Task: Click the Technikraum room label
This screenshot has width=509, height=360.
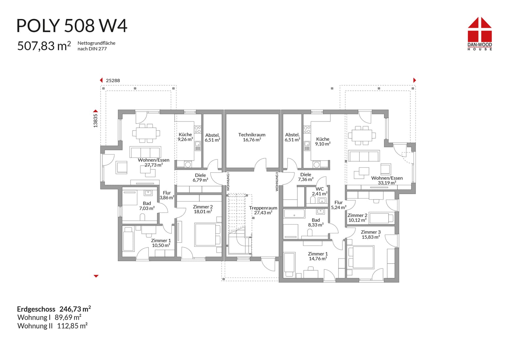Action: pos(252,135)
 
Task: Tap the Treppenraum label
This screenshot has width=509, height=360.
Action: pos(263,208)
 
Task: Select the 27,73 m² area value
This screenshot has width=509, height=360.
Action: pos(154,165)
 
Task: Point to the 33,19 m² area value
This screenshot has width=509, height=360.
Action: pos(387,183)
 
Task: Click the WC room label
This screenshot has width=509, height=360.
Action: pos(320,189)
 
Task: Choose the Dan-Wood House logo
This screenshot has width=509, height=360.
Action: pos(480,34)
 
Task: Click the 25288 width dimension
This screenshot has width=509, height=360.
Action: pos(113,81)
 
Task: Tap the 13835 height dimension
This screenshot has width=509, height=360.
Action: pos(96,121)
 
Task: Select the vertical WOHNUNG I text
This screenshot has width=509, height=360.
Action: pos(228,181)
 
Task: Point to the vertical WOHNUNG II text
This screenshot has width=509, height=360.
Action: pos(277,181)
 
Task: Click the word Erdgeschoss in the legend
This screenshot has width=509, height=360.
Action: pos(36,309)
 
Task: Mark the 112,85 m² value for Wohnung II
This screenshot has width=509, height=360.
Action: pos(72,326)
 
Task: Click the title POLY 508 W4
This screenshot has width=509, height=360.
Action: pos(72,26)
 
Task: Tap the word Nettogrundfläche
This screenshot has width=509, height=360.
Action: pos(97,43)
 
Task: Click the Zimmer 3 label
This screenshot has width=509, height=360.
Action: pos(371,232)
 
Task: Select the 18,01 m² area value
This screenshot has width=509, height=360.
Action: pos(203,212)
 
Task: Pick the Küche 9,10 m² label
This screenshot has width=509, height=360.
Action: pos(323,141)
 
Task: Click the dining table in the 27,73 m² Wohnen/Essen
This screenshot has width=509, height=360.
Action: pos(146,133)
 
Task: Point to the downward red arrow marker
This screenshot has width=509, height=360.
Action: pos(96,276)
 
